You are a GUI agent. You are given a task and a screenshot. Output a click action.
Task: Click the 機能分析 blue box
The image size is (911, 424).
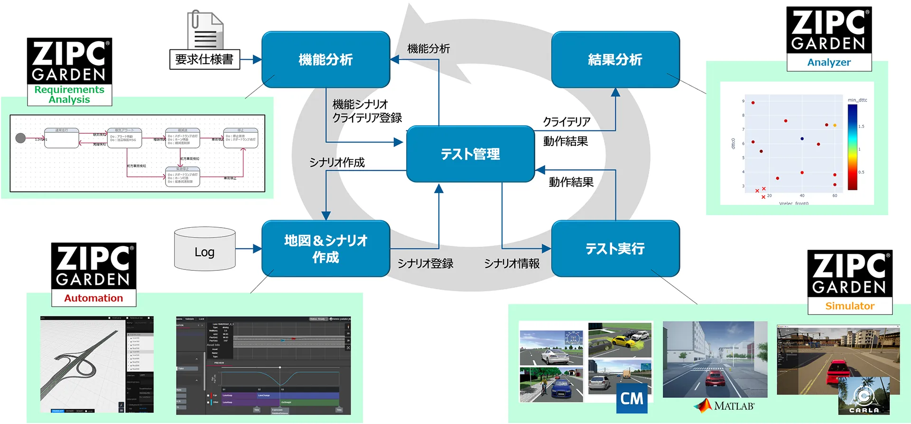[x=325, y=60]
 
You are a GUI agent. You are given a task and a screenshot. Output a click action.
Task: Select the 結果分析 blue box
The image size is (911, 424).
[x=615, y=60]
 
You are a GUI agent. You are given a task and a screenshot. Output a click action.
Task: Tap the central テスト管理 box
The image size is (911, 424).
[x=470, y=154]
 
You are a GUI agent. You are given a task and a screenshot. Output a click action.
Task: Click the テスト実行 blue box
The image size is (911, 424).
[x=615, y=249]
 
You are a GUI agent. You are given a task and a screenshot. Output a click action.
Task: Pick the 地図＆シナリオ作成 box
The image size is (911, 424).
[x=325, y=249]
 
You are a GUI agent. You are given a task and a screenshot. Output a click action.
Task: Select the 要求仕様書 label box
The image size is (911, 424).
[x=205, y=59]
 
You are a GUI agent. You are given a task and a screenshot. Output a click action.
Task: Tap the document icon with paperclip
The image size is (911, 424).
[x=205, y=29]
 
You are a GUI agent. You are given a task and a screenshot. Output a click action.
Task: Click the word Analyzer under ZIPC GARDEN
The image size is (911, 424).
[x=829, y=62]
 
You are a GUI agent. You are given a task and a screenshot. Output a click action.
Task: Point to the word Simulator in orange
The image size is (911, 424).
[x=849, y=306]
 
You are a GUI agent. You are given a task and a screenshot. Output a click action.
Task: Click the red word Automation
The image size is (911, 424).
[x=93, y=298]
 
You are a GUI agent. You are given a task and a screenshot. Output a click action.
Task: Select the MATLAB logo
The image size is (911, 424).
[x=724, y=406]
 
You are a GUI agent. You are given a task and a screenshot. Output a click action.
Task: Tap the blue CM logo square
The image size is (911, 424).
[x=632, y=398]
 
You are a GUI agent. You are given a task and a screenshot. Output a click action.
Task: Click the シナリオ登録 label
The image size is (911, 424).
[x=425, y=264]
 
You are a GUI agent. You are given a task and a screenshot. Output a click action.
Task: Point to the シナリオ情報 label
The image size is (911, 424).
[x=511, y=264]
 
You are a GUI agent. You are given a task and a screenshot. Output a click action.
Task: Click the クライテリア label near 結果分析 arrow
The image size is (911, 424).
[x=567, y=122]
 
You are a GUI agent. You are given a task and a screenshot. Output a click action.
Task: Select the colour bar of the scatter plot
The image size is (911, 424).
[x=852, y=147]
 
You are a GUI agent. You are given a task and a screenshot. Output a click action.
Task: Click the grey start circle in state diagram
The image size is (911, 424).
[x=20, y=138]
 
